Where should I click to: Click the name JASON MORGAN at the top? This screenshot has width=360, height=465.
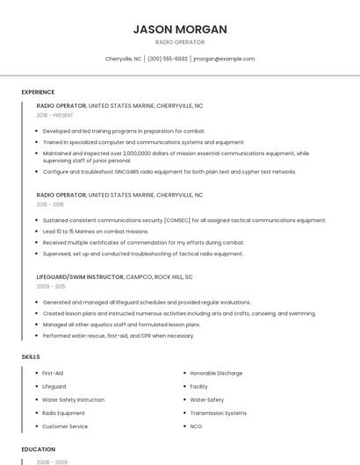[x=180, y=29]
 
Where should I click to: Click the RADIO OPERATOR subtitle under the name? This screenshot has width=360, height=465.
[x=180, y=42]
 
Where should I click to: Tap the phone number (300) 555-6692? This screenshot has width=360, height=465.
[x=168, y=59]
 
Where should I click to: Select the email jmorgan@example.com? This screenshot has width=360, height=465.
[x=224, y=59]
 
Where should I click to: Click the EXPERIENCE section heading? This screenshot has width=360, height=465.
[x=38, y=92]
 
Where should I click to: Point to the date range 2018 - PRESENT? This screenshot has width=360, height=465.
[x=55, y=115]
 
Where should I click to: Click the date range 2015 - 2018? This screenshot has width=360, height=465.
[x=50, y=204]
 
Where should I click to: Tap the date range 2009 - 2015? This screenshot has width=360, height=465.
[x=50, y=286]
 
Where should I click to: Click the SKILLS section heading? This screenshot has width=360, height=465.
[x=30, y=357]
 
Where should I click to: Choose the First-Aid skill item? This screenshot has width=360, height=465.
[x=53, y=374]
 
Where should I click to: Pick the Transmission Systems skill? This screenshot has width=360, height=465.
[x=218, y=413]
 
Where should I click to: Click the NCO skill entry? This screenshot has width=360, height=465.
[x=196, y=426]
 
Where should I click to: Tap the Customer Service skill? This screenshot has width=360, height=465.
[x=65, y=426]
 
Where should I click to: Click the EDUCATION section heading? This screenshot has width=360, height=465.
[x=38, y=449]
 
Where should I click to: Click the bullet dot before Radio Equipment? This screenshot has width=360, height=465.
[x=36, y=413]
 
